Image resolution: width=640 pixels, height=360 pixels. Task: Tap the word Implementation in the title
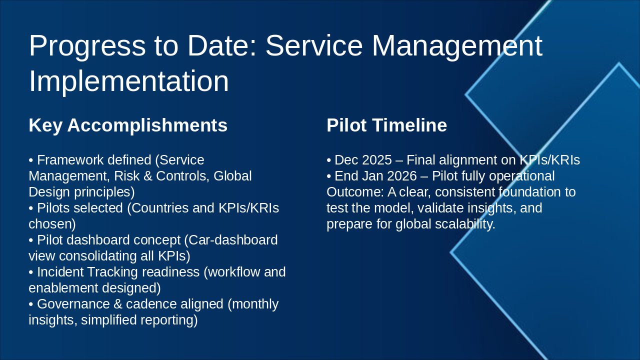pos(128,81)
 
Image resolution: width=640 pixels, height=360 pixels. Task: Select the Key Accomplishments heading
pos(128,125)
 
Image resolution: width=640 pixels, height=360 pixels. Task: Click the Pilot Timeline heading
pos(386,125)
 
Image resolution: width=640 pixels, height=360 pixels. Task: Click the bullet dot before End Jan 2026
pos(329,176)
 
